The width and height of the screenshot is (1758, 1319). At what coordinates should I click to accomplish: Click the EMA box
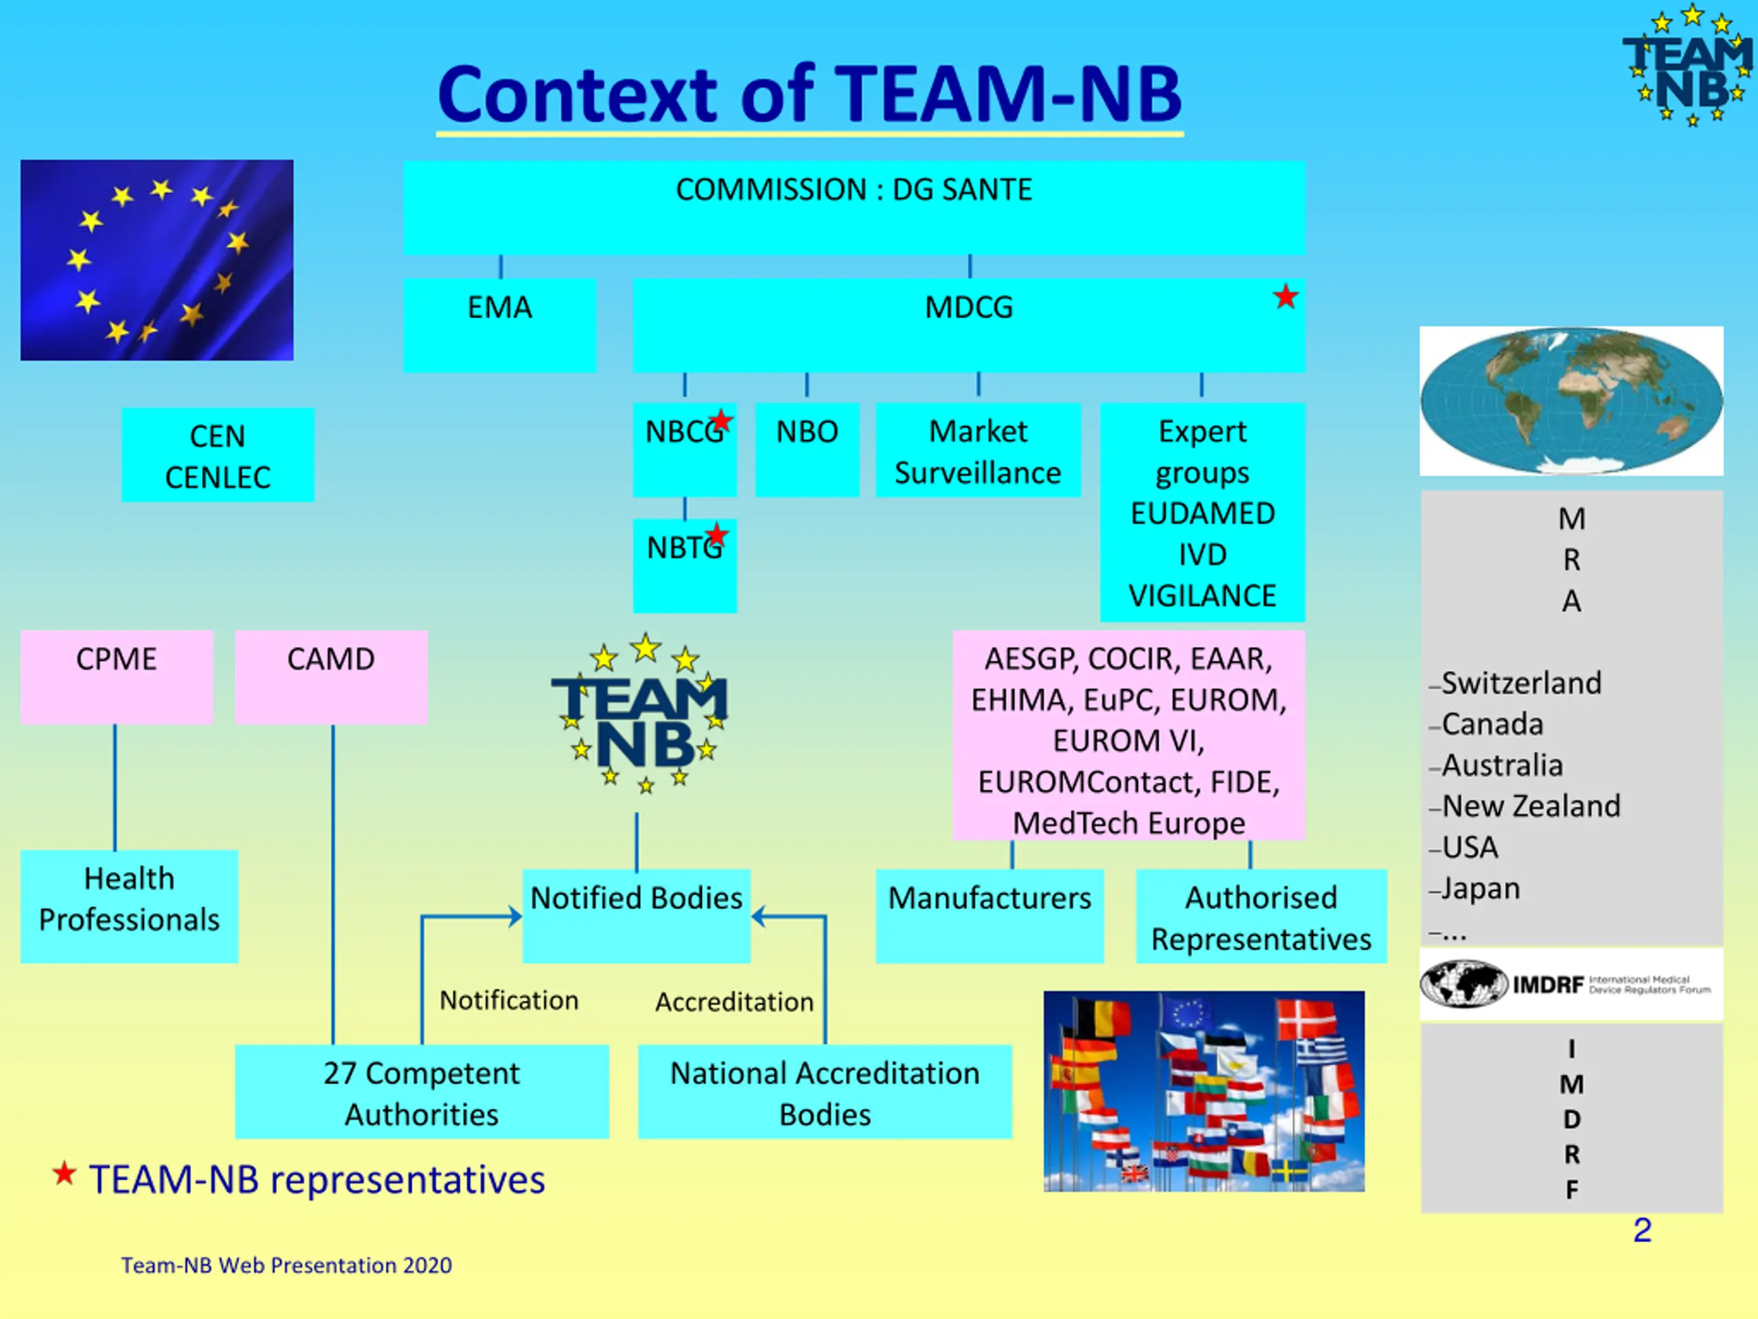click(499, 325)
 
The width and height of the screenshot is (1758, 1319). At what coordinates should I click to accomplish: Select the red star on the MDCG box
click(1285, 297)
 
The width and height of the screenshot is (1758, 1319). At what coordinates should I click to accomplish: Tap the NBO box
click(807, 450)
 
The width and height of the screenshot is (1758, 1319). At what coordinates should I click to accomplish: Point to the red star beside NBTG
click(716, 535)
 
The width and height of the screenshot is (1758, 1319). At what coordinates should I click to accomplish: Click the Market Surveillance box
click(978, 450)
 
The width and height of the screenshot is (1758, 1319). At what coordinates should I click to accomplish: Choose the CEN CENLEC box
click(218, 455)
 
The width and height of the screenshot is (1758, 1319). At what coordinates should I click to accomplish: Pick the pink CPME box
click(117, 677)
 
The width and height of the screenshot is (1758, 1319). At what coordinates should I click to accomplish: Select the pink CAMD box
click(332, 677)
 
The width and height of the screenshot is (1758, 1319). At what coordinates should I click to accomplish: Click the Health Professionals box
click(128, 906)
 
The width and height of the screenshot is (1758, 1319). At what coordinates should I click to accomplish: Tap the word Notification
click(509, 1000)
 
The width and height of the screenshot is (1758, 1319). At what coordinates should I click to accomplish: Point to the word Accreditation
click(734, 1002)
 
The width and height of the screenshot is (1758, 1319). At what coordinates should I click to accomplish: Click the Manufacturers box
click(990, 916)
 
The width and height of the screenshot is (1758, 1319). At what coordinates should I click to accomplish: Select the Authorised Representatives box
click(1262, 916)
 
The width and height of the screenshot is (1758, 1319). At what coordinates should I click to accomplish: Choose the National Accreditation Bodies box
click(825, 1092)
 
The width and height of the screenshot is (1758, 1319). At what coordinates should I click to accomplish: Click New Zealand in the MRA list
click(1531, 807)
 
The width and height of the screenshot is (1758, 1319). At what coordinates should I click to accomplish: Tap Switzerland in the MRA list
click(1521, 683)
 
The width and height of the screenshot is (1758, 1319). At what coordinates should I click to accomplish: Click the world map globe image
click(1571, 401)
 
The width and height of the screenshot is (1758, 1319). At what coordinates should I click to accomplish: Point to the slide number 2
click(1642, 1230)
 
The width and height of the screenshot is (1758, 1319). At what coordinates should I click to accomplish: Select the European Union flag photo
click(157, 260)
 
